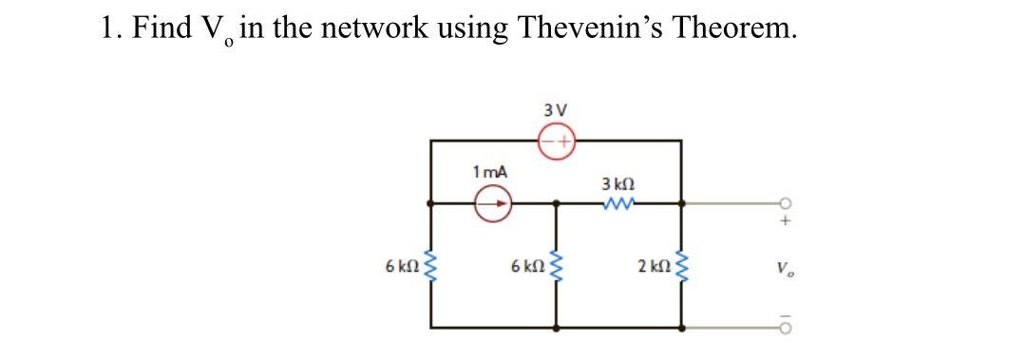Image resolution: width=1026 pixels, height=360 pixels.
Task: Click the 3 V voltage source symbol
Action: [557, 141]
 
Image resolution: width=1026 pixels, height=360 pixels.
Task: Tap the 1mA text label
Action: [489, 172]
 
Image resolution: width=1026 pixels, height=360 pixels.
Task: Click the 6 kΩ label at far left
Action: [400, 264]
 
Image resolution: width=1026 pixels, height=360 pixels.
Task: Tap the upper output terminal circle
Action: [785, 202]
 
